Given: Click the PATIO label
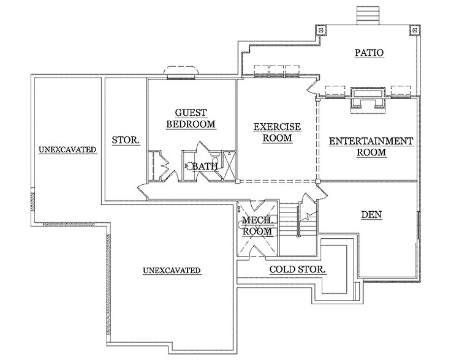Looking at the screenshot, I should click(x=369, y=53).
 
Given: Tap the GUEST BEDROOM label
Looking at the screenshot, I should click(x=191, y=118).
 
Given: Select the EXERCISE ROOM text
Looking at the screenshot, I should click(x=277, y=132).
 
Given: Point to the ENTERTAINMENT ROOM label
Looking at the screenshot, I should click(x=371, y=146).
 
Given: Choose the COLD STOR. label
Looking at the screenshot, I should click(x=297, y=269).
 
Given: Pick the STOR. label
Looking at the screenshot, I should click(x=126, y=141).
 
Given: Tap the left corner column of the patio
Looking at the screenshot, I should click(x=320, y=29).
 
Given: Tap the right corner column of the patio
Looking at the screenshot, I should click(x=414, y=29).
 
